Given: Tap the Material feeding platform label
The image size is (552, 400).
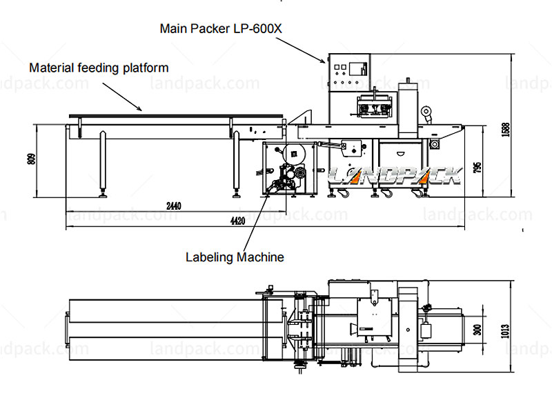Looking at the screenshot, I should click(x=99, y=68).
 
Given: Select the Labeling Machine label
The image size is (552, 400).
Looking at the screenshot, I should click(x=235, y=257).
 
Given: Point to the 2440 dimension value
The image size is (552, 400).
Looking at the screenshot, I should click(x=174, y=206).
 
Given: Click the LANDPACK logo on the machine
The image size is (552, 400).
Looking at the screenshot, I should click(x=393, y=174).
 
